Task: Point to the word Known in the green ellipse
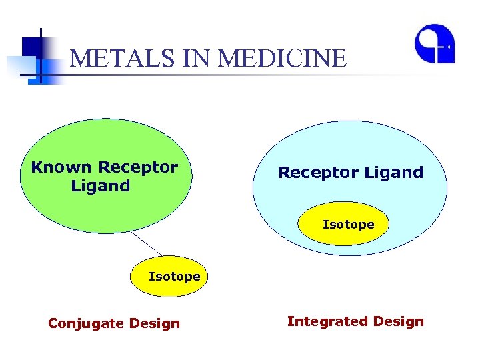pyautogui.click(x=61, y=167)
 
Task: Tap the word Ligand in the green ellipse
pyautogui.click(x=101, y=186)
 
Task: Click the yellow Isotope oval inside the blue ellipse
pyautogui.click(x=348, y=225)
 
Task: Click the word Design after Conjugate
pyautogui.click(x=155, y=324)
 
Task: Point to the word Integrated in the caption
pyautogui.click(x=328, y=322)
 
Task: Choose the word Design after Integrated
pyautogui.click(x=399, y=322)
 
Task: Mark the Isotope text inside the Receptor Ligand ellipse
pyautogui.click(x=348, y=225)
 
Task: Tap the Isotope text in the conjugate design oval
pyautogui.click(x=174, y=277)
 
